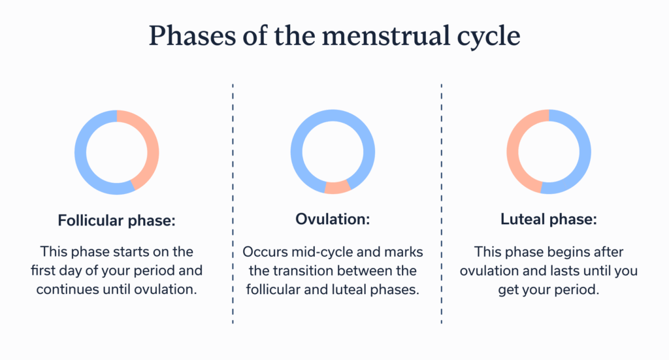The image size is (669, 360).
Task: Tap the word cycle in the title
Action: click(x=485, y=36)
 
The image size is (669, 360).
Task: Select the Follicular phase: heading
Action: click(x=116, y=220)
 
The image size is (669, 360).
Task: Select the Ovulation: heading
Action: click(x=333, y=220)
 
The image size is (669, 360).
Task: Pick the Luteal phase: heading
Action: click(x=548, y=220)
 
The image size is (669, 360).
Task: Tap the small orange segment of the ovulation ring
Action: click(x=337, y=188)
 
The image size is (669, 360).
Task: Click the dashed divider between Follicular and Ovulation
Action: click(x=233, y=203)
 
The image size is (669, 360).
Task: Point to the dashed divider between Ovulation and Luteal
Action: click(x=442, y=203)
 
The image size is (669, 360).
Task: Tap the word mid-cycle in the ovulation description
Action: click(x=319, y=252)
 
